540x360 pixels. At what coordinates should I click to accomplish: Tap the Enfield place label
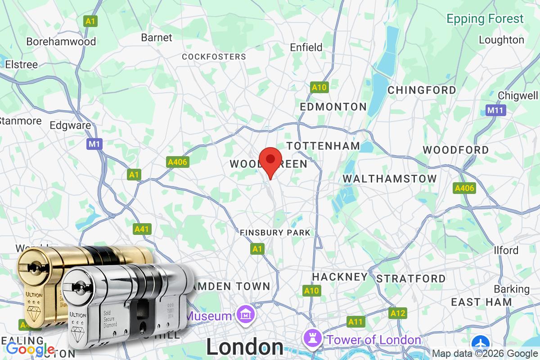coord(306,47)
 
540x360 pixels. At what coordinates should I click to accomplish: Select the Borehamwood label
coord(61,41)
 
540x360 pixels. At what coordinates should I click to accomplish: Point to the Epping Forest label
coord(485,19)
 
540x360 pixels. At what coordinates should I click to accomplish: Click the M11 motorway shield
coord(496,110)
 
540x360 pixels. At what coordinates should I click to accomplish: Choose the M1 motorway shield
coord(95,144)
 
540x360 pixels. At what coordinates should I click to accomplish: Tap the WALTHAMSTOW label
coord(390,179)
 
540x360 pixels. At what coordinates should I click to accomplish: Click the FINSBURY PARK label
coord(275,233)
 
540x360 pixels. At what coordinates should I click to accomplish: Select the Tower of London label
coord(374,339)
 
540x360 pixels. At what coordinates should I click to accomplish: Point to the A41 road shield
coord(142,229)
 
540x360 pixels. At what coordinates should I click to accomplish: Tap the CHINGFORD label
coord(422,90)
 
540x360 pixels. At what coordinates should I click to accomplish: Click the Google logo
coord(31,348)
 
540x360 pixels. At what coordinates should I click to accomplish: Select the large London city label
coord(245,347)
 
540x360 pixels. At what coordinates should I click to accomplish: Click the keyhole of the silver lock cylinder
coord(80,287)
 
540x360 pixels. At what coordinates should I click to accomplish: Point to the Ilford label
coord(506,250)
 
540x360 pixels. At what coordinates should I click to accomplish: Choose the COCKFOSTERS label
coord(214,57)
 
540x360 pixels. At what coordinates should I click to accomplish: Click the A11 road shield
coord(355,322)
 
